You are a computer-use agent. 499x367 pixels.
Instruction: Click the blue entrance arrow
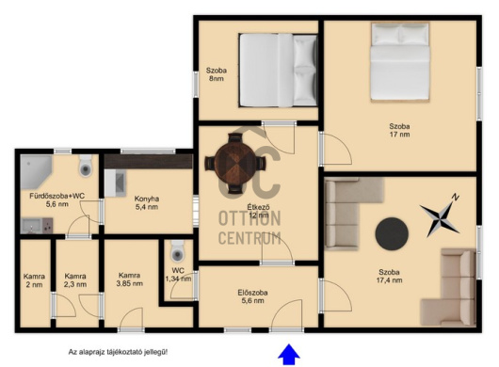pyautogui.click(x=289, y=354)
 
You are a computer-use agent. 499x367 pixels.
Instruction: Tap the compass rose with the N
pyautogui.click(x=441, y=215)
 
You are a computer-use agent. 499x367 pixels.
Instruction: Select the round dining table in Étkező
pyautogui.click(x=234, y=163)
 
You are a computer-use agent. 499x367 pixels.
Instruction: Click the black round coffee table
pyautogui.click(x=392, y=234)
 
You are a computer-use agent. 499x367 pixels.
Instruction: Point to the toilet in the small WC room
pyautogui.click(x=177, y=251)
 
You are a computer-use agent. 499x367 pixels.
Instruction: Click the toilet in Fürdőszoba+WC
pyautogui.click(x=86, y=166)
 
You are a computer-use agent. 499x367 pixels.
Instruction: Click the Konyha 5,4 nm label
pyautogui.click(x=146, y=203)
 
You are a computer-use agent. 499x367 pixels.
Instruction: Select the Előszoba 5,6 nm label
pyautogui.click(x=252, y=296)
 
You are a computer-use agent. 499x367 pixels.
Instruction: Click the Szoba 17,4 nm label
pyautogui.click(x=389, y=276)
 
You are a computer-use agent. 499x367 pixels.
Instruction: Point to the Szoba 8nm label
pyautogui.click(x=217, y=74)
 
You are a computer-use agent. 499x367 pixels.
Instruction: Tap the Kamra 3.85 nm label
pyautogui.click(x=129, y=279)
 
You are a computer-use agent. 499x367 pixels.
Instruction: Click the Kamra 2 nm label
pyautogui.click(x=34, y=280)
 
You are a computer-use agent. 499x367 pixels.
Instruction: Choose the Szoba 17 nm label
pyautogui.click(x=400, y=130)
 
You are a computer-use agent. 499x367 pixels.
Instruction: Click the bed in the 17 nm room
pyautogui.click(x=400, y=62)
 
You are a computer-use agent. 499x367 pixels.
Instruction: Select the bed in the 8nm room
pyautogui.click(x=278, y=70)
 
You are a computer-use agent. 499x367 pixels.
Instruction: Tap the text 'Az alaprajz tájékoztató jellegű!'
pyautogui.click(x=118, y=352)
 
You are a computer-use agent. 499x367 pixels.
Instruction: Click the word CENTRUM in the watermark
pyautogui.click(x=249, y=238)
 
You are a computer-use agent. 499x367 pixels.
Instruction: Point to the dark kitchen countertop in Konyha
pyautogui.click(x=149, y=161)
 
